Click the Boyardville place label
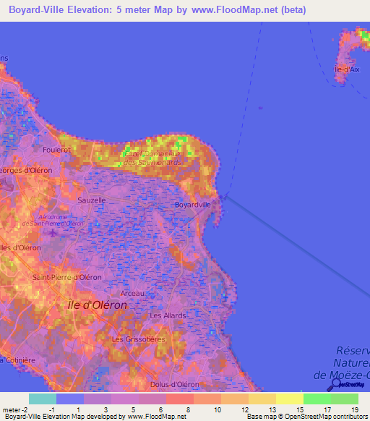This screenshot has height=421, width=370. (193, 205)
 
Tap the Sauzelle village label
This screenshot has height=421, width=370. (92, 200)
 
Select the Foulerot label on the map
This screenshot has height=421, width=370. (57, 151)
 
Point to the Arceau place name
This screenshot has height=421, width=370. (132, 293)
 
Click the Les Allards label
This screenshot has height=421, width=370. (168, 315)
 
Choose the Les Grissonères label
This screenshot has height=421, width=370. (139, 339)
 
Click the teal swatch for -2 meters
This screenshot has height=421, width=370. (42, 399)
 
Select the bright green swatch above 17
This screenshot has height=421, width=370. (317, 399)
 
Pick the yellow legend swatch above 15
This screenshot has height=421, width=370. (290, 399)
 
